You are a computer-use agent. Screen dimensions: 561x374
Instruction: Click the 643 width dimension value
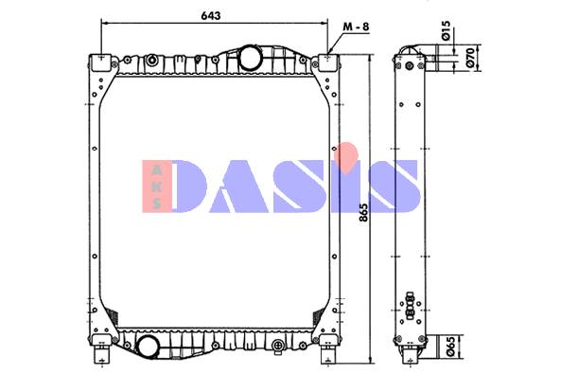[x=211, y=16]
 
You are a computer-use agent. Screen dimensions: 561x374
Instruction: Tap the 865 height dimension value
[x=362, y=212]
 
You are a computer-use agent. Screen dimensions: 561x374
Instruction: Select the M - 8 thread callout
[x=356, y=27]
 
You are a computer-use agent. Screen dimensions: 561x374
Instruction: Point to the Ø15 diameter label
[x=445, y=30]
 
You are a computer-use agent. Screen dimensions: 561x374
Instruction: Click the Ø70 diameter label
[x=470, y=58]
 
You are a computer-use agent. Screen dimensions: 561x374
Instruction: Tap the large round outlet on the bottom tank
[x=149, y=347]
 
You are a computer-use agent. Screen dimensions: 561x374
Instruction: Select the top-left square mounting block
[x=101, y=62]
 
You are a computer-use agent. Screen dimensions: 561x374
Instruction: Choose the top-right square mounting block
[x=327, y=62]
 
